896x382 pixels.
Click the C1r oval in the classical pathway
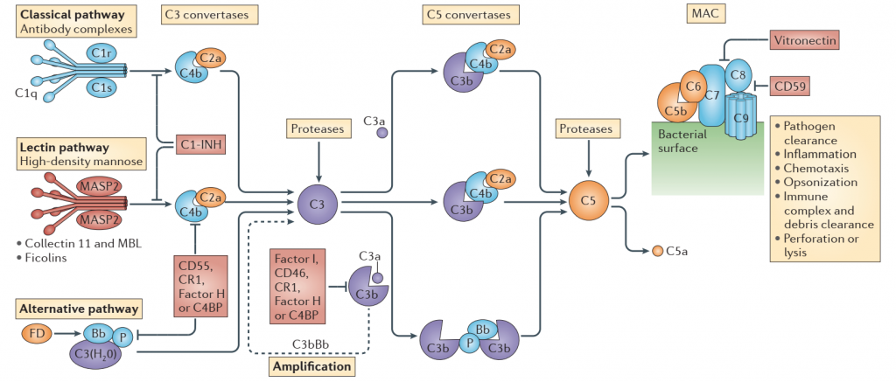[x=102, y=52]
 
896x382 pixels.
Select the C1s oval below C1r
[x=102, y=87]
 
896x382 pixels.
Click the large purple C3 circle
[x=317, y=203]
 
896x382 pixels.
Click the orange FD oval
[x=37, y=333]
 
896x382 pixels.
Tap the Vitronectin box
[x=802, y=40]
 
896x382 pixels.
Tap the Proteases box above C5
[x=588, y=128]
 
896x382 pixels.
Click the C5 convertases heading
[x=468, y=15]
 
